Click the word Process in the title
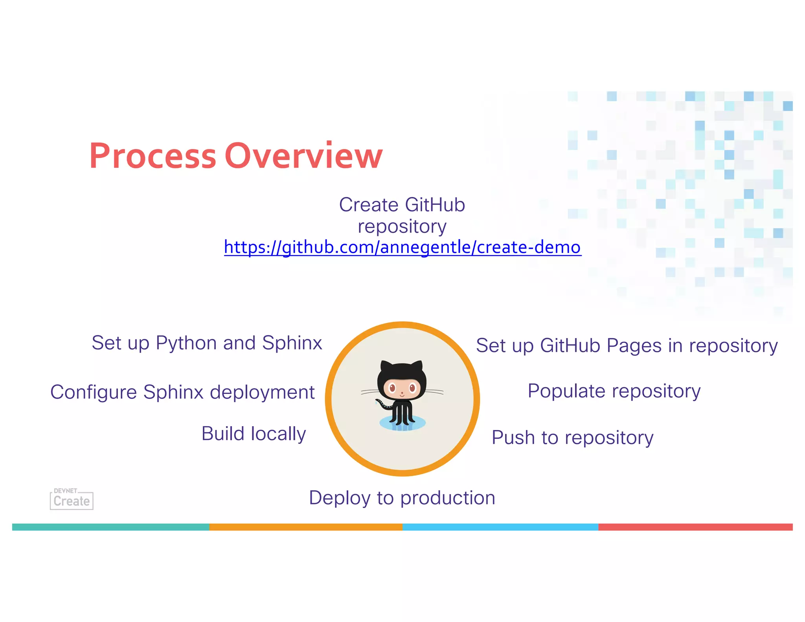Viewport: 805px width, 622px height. click(153, 156)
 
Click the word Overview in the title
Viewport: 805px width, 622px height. click(303, 156)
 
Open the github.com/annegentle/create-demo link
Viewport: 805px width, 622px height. click(402, 247)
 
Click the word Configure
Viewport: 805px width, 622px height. click(94, 392)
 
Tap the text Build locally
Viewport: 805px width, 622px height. click(254, 434)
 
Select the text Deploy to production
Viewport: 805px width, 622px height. click(402, 498)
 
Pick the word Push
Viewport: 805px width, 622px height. click(513, 438)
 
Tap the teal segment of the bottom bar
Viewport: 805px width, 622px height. click(110, 527)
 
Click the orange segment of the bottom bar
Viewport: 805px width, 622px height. click(305, 527)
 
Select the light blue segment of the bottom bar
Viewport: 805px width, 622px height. click(500, 527)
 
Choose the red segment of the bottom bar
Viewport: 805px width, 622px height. click(695, 527)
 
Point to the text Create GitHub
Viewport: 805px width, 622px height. click(402, 205)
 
